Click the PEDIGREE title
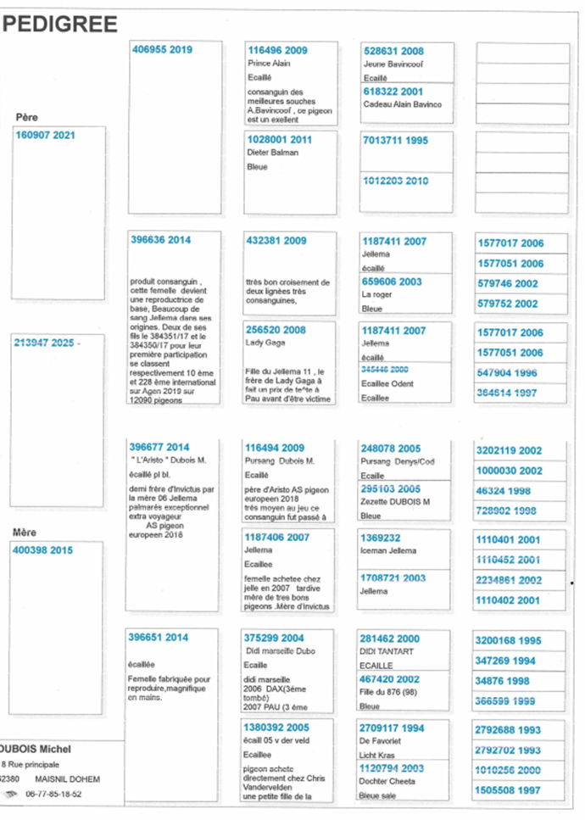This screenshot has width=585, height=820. tap(60, 25)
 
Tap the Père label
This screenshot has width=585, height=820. tap(27, 117)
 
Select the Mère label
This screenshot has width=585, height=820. tap(25, 532)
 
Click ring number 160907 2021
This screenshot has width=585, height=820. tap(46, 135)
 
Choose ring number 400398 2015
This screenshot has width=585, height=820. tap(43, 550)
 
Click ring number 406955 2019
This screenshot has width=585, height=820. tap(162, 50)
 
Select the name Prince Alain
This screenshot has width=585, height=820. tap(270, 64)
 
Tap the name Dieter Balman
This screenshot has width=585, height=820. tap(273, 153)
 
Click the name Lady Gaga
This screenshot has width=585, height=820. tap(264, 343)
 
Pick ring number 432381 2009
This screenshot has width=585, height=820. tap(276, 241)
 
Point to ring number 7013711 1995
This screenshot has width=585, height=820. tap(395, 141)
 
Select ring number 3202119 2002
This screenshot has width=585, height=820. tap(510, 450)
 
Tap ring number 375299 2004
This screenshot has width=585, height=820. tap(274, 639)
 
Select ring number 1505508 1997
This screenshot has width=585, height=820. tap(507, 790)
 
